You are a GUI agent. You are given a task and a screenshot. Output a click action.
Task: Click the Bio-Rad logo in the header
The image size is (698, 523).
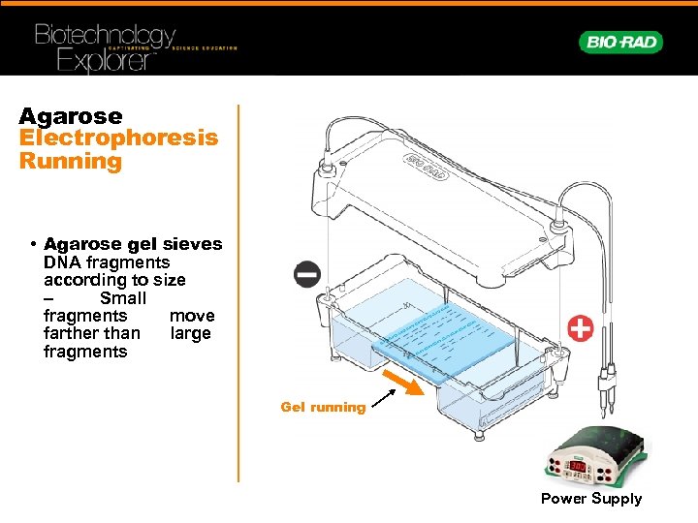[620, 42]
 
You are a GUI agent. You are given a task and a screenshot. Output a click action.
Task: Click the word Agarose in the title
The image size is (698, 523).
[71, 116]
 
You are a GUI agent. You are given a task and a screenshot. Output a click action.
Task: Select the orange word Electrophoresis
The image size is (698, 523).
[118, 138]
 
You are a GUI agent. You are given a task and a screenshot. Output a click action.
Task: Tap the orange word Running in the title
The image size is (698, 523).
[71, 161]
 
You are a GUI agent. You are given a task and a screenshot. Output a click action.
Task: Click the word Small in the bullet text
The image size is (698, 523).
[123, 298]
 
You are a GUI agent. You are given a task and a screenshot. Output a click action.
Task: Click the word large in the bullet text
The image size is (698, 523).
[190, 334]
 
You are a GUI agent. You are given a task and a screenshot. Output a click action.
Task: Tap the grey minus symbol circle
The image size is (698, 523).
[306, 275]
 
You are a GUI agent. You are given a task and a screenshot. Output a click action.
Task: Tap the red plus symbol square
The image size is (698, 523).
[580, 328]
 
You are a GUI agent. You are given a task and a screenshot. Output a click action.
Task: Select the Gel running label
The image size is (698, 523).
[323, 408]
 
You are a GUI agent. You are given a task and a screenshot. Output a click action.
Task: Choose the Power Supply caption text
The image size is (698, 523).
[591, 499]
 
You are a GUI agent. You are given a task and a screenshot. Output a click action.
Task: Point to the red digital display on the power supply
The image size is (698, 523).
[579, 467]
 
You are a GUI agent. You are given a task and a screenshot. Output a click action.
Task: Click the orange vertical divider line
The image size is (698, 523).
[238, 291]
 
